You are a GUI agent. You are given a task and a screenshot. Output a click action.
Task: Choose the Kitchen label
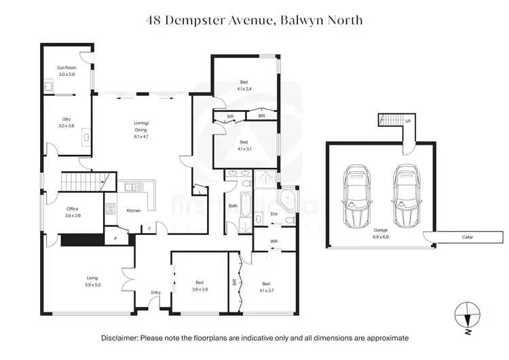pyautogui.click(x=134, y=211)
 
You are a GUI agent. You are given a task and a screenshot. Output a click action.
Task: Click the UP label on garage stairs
pyautogui.click(x=407, y=121)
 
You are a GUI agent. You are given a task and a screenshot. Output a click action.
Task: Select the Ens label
pyautogui.click(x=274, y=214)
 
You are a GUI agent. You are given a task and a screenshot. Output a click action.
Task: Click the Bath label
pyautogui.click(x=233, y=205)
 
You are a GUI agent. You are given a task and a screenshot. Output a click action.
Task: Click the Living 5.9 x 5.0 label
pyautogui.click(x=93, y=281)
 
